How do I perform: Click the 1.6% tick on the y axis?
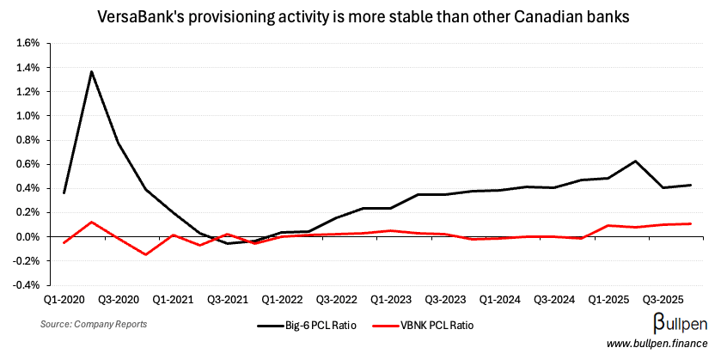(x=28, y=43)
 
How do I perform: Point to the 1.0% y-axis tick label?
(x=28, y=116)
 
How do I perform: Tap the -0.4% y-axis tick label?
(x=27, y=284)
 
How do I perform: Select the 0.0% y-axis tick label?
(x=28, y=236)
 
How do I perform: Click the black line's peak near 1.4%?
(x=92, y=71)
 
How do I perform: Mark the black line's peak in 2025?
(x=611, y=161)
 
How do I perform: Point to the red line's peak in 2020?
(x=92, y=222)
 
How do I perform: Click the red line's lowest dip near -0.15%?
(x=145, y=254)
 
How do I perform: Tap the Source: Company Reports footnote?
(x=93, y=324)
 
